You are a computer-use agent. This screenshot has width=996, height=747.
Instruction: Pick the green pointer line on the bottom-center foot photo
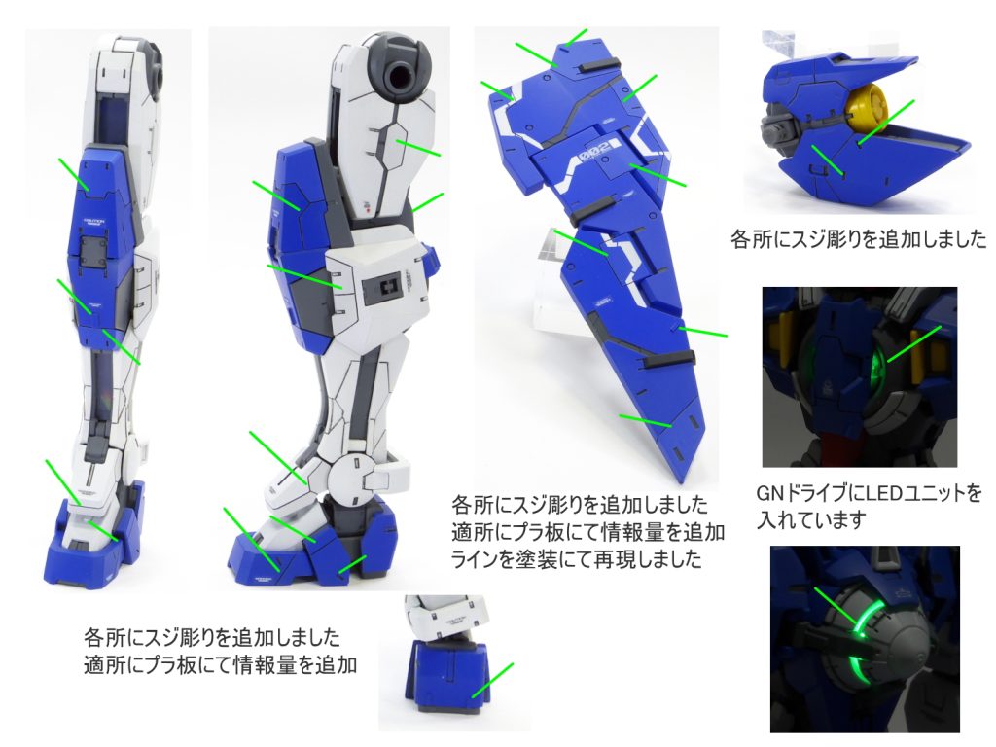[492, 680]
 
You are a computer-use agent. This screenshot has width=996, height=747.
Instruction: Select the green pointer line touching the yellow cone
[885, 122]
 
